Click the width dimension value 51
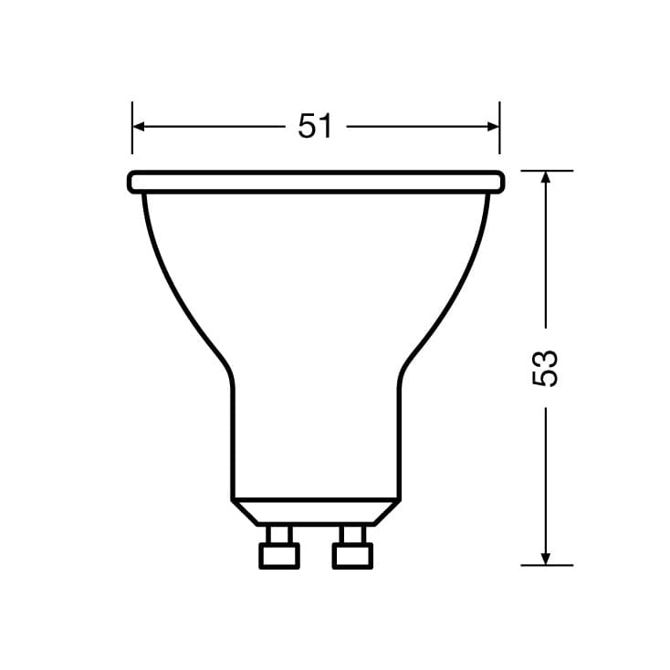(315, 127)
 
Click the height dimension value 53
(545, 368)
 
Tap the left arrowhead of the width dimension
(140, 127)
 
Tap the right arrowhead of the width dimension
(493, 127)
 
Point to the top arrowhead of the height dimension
(546, 177)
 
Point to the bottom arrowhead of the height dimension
(546, 558)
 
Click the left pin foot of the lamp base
(279, 555)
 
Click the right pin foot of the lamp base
(352, 555)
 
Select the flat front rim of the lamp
(316, 182)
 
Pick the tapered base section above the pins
(316, 512)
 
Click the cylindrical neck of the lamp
(316, 438)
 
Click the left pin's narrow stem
(279, 534)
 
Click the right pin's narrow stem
(352, 534)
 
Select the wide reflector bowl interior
(316, 274)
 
